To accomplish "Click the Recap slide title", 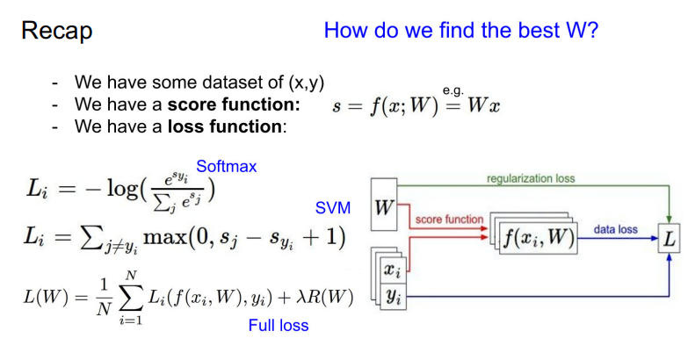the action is (57, 32).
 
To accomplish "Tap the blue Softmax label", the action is (226, 167).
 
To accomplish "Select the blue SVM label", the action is (332, 208).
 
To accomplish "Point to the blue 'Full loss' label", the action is (279, 326).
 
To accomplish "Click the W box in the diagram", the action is (384, 204).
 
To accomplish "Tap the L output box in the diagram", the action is (670, 239).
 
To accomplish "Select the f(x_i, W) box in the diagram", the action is (539, 238).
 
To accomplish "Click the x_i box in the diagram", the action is (393, 270).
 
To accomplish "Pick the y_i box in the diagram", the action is (393, 296).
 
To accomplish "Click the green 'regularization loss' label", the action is (531, 178).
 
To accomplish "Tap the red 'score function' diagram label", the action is (449, 220).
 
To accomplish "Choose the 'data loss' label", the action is (616, 229).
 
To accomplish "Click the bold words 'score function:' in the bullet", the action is (234, 104).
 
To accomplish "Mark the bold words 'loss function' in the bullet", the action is (224, 126).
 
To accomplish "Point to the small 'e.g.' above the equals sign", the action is (452, 90).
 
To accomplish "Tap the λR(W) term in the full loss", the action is (324, 297).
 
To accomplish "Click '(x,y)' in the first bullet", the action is (307, 83).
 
